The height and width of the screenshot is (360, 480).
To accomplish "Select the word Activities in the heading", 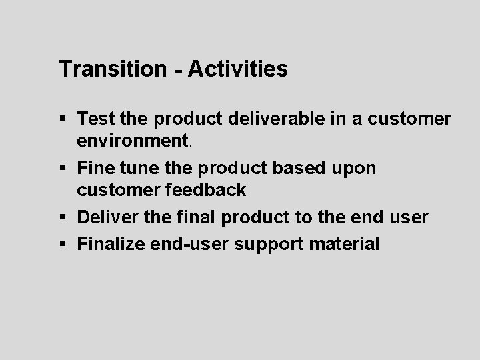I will (238, 69).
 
